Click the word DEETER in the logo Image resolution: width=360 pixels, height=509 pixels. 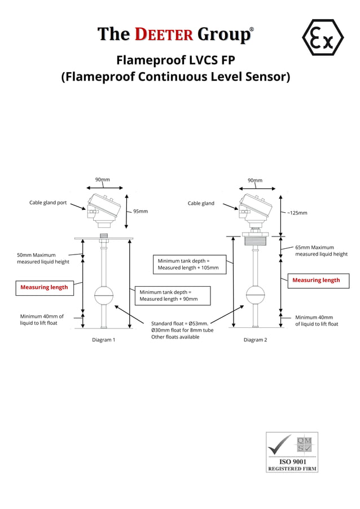point(163,34)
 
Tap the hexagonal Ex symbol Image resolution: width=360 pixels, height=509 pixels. point(323,37)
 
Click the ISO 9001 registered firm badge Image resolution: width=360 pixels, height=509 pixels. point(292,452)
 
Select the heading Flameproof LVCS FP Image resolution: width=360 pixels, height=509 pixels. point(175,60)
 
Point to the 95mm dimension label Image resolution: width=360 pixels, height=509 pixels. point(141,211)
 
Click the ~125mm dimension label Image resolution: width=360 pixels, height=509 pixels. point(297,213)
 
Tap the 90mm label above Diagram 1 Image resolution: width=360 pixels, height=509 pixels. point(102,179)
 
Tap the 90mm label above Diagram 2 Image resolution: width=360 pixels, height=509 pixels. point(255,181)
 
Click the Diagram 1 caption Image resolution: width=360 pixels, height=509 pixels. point(104,340)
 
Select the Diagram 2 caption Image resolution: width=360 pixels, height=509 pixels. point(255,340)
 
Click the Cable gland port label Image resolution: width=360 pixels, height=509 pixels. point(48,203)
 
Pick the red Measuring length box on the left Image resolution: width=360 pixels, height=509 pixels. point(44,287)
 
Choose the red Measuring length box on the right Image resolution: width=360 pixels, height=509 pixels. point(316,280)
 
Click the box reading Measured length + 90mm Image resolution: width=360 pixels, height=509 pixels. point(172,295)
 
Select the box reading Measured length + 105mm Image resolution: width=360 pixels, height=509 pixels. point(190,264)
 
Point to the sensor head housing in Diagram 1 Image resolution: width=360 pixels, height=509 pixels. point(104,207)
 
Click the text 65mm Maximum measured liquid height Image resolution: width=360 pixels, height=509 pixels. point(321,251)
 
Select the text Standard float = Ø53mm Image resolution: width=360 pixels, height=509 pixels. point(180,324)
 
